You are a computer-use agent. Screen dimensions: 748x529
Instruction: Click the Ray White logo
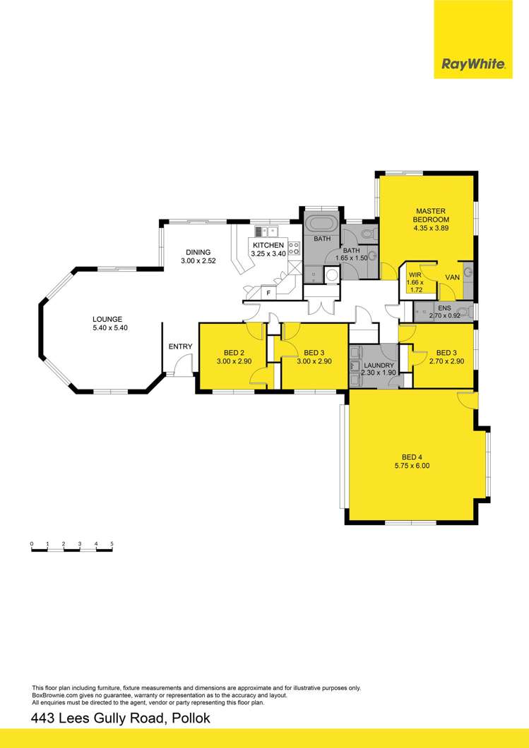(472, 64)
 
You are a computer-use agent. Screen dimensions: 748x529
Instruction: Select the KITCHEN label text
(266, 245)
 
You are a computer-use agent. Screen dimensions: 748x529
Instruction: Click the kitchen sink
(266, 230)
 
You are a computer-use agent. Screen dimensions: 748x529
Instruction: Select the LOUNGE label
(107, 318)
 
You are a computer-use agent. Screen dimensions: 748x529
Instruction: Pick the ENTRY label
(180, 346)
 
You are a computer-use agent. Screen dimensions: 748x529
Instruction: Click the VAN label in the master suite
(452, 277)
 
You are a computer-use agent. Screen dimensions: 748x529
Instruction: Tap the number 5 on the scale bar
(112, 543)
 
